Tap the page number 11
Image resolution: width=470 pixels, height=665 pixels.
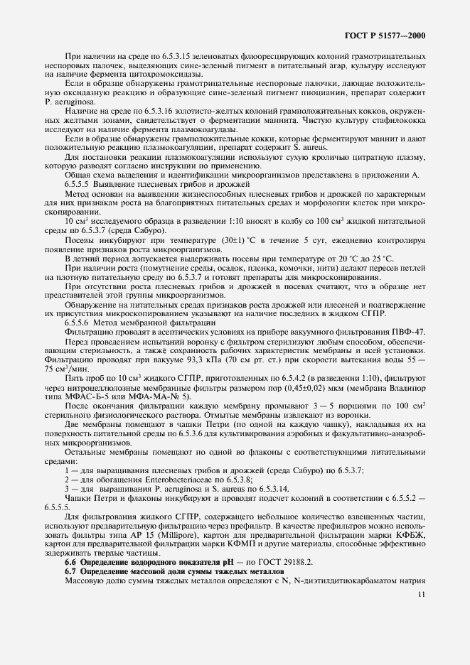coord(421,595)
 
